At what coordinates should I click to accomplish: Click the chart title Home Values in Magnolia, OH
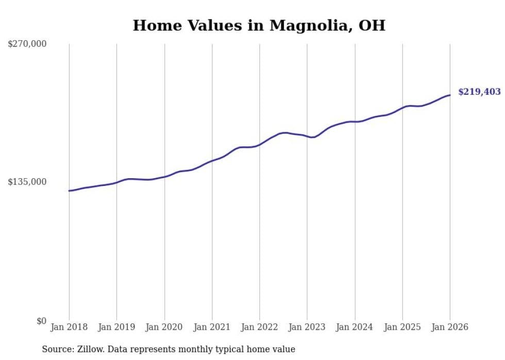[259, 25]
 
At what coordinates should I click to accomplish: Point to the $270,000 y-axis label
[27, 44]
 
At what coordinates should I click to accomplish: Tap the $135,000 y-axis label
[27, 182]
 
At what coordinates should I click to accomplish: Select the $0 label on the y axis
[41, 321]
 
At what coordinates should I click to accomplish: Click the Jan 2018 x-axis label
[69, 327]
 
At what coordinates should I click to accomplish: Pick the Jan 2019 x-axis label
[116, 327]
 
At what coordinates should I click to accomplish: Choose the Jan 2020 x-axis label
[164, 327]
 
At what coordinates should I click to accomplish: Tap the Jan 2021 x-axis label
[212, 327]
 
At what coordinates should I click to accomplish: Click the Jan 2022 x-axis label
[259, 327]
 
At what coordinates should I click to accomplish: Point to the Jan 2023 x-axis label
[307, 327]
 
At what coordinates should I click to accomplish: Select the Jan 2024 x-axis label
[355, 327]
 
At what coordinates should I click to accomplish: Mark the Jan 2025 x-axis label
[402, 327]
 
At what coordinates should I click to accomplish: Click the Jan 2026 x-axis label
[450, 327]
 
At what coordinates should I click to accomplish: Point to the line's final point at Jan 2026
[450, 95]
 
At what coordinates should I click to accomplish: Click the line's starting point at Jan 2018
[69, 191]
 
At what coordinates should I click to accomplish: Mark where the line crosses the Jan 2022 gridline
[259, 145]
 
